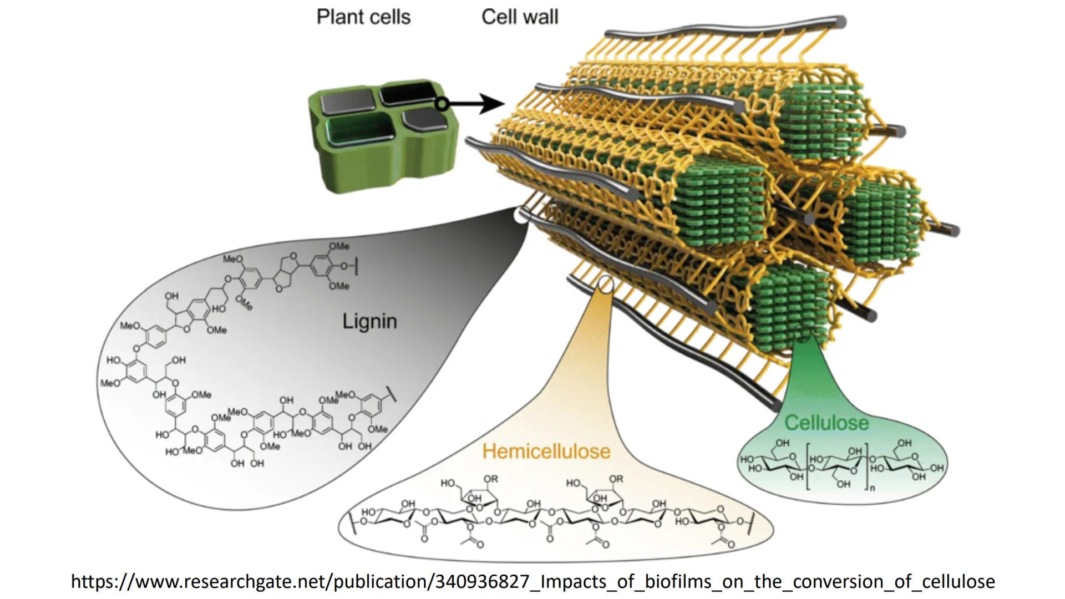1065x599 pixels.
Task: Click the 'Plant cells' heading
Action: [363, 17]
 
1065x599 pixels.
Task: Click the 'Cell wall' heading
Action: [520, 17]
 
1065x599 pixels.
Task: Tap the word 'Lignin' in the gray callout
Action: [369, 321]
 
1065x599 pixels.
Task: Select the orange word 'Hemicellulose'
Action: [546, 451]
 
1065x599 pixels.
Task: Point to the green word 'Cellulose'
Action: [826, 423]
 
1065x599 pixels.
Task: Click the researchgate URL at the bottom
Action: [532, 581]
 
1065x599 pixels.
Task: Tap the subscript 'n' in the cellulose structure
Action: [873, 488]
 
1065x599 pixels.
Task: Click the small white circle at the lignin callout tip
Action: [521, 215]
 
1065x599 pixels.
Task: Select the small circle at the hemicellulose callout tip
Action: [606, 285]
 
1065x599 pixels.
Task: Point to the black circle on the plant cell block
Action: [442, 104]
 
